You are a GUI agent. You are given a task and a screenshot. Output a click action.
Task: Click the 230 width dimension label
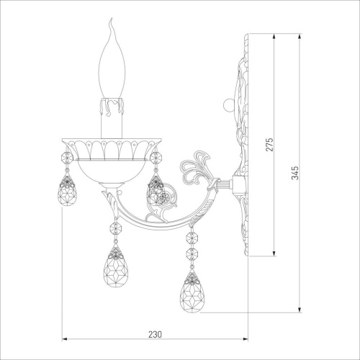point(155,334)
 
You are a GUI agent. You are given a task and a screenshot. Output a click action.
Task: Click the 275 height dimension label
point(269,144)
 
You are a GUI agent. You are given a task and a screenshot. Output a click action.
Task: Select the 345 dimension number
point(295,173)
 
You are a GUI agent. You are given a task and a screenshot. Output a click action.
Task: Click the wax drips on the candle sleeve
point(112,106)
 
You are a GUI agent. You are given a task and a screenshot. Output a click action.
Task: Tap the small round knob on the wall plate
point(228,105)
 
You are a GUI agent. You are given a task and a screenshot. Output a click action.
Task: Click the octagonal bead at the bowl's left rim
point(67,158)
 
